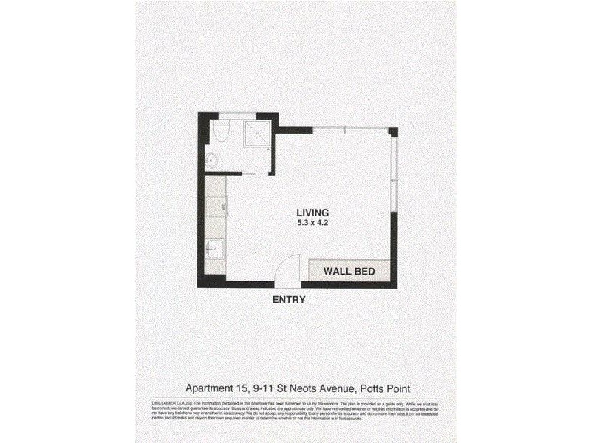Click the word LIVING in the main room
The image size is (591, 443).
pyautogui.click(x=314, y=212)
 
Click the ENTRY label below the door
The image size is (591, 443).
pyautogui.click(x=289, y=300)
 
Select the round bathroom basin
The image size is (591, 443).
pyautogui.click(x=211, y=159)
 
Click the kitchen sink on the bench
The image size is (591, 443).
pyautogui.click(x=213, y=250)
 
